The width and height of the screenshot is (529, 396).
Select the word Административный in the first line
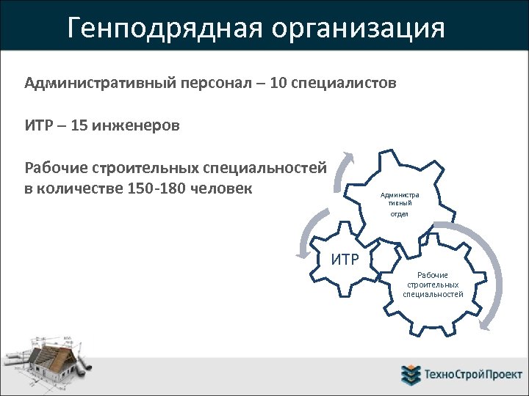[x=100, y=84]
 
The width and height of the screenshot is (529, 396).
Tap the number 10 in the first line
[x=278, y=84]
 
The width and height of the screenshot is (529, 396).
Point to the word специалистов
[x=344, y=84]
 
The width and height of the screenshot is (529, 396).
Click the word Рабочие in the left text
[x=54, y=168]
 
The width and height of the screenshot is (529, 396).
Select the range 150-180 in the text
[x=156, y=188]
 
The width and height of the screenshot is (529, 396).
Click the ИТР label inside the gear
[x=345, y=259]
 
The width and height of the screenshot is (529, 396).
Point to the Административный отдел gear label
[x=399, y=204]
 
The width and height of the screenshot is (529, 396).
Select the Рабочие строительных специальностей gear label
[x=433, y=285]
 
